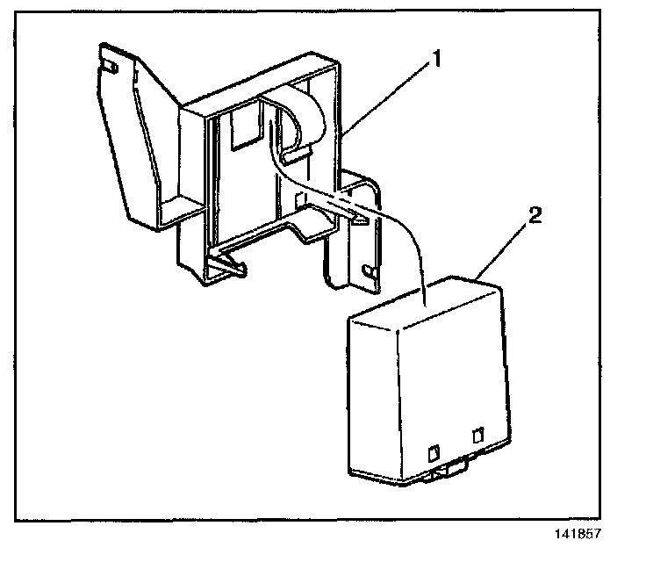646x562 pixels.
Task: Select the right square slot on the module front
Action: (x=477, y=435)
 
